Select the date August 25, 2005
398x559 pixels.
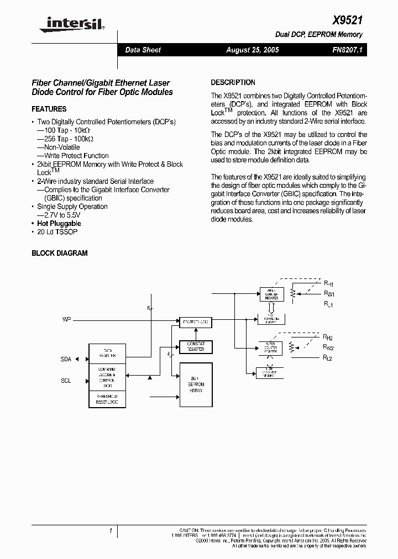tap(253, 50)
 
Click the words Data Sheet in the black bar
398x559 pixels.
tap(143, 50)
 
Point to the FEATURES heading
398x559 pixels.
tap(49, 109)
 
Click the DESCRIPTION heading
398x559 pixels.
tap(233, 82)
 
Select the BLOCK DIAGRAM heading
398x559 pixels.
tap(60, 253)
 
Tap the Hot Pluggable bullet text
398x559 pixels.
tap(59, 223)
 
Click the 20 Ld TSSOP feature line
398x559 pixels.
tap(57, 232)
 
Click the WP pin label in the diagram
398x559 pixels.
tap(66, 320)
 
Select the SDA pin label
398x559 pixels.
tap(66, 359)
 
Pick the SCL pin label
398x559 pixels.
tap(66, 381)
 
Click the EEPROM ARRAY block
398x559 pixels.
tap(196, 387)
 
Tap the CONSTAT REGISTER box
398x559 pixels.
tap(196, 346)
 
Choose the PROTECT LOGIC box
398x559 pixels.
tap(196, 321)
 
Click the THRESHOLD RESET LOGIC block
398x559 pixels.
tap(107, 399)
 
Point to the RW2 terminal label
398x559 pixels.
tap(328, 347)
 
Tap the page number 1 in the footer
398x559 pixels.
tap(111, 531)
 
